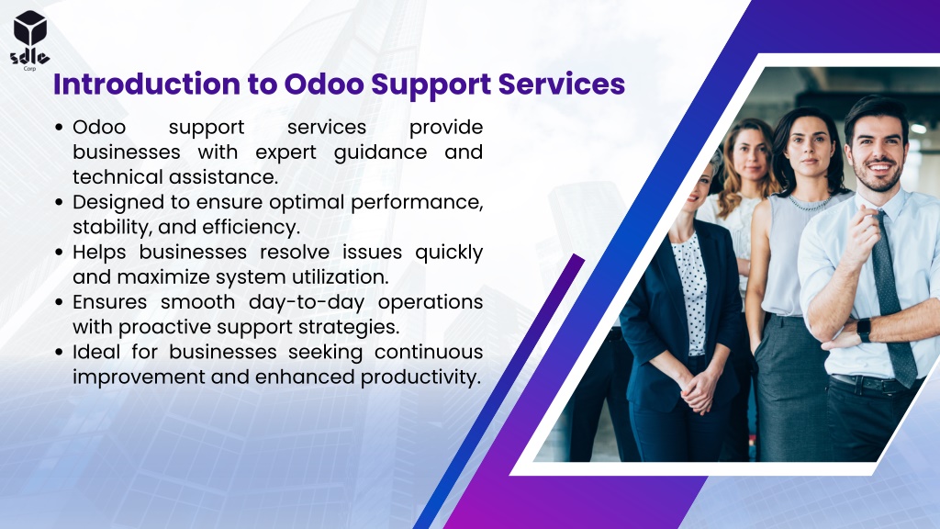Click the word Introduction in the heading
(147, 84)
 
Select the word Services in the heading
(562, 84)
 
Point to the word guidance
(380, 153)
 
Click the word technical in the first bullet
(117, 177)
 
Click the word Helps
(99, 253)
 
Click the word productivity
(420, 377)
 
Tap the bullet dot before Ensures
(58, 302)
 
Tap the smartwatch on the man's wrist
(863, 331)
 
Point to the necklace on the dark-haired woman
(810, 203)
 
